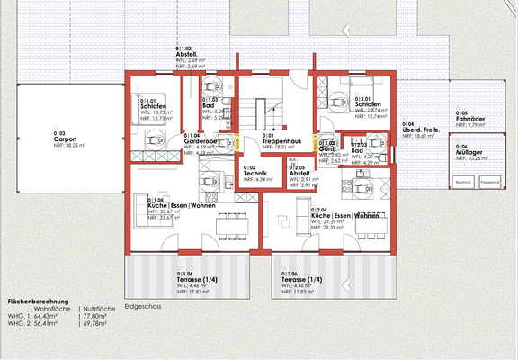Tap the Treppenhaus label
coord(281,141)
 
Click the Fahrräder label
coord(471,119)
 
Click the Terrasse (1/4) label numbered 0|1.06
coord(199,279)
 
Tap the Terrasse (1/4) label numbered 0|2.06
coord(301,279)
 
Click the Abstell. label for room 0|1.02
coord(190,52)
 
